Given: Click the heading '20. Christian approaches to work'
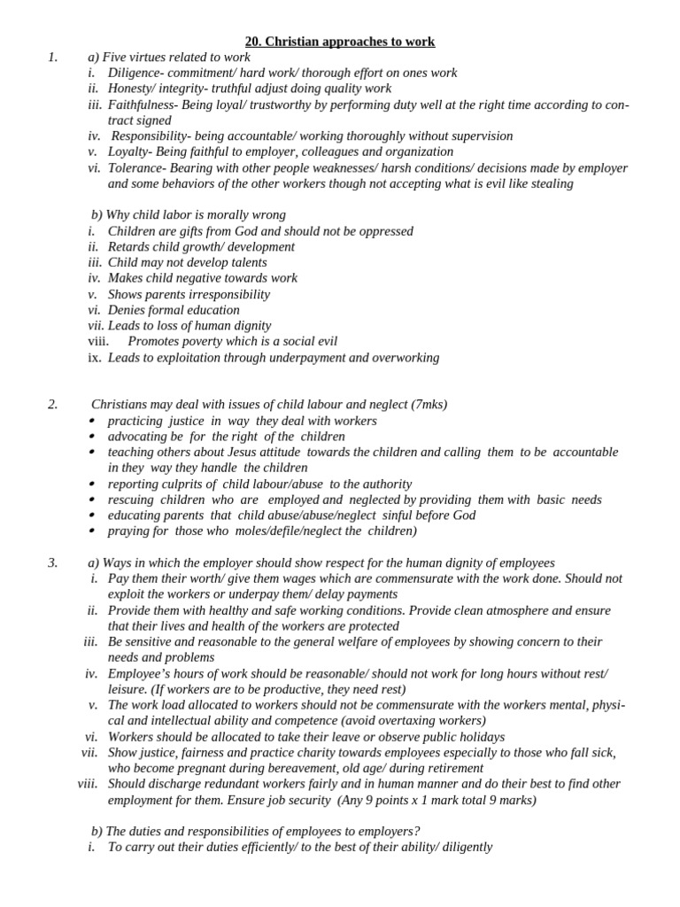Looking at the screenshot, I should coord(340,42).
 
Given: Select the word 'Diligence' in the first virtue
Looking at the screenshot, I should coord(134,74).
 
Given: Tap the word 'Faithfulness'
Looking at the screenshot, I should coord(142,105).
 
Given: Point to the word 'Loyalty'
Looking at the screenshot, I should coord(128,151).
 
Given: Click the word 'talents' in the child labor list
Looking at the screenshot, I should coord(245,262).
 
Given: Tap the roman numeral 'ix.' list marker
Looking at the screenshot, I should coord(94,358).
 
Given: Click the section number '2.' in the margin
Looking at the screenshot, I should coord(52,405).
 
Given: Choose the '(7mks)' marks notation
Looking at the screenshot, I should coord(429,405).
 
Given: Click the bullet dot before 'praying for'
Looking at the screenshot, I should coord(93,531).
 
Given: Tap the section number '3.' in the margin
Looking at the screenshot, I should coord(52,562).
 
